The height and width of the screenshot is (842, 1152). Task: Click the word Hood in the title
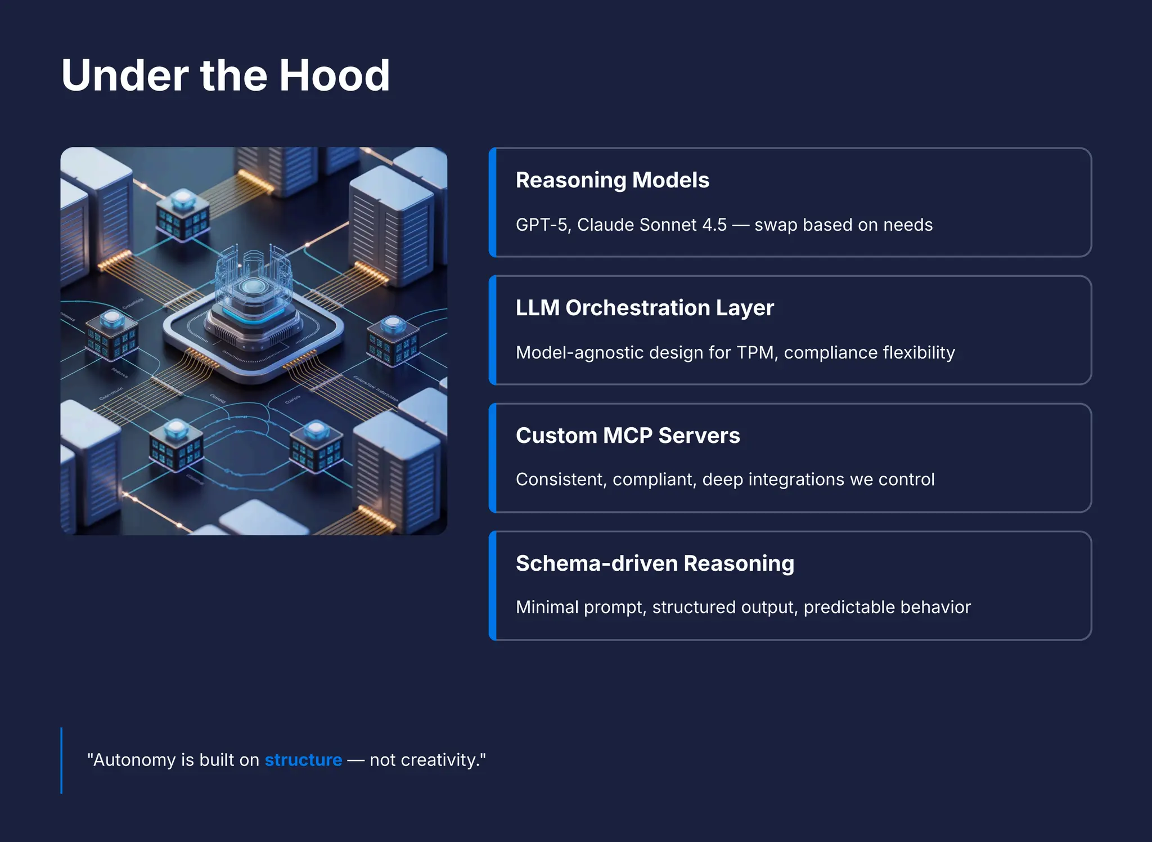(334, 75)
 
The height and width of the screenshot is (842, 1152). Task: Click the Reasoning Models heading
(612, 180)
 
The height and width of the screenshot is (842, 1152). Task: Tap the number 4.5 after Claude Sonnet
(714, 225)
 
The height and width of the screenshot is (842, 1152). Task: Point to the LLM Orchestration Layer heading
(645, 308)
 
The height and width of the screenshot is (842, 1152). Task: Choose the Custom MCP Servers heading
(628, 436)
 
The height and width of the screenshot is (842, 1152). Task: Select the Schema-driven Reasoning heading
(655, 563)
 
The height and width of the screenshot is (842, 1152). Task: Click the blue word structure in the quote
(303, 760)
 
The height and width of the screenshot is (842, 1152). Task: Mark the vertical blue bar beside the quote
(61, 760)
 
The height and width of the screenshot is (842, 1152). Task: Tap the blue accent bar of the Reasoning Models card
(493, 203)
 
